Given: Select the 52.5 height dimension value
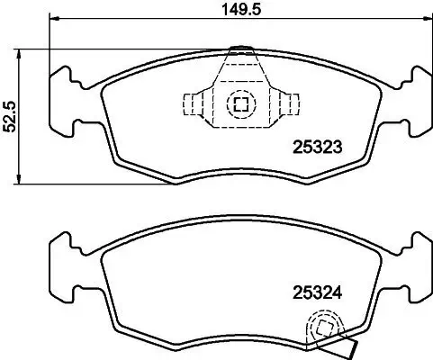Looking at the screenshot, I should pyautogui.click(x=9, y=116).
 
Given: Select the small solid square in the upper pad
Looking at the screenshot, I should pyautogui.click(x=239, y=103).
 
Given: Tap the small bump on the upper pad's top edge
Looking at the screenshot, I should pyautogui.click(x=239, y=49).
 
